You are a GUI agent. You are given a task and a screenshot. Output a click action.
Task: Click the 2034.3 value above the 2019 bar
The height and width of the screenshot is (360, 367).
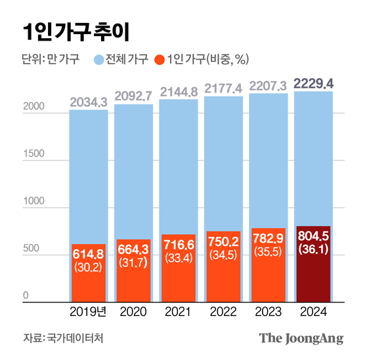point(89,102)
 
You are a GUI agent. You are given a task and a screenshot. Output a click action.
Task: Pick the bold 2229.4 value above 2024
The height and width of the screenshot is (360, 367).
point(313,83)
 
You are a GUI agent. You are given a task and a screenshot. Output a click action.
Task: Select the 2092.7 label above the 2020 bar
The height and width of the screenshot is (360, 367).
point(133,96)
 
